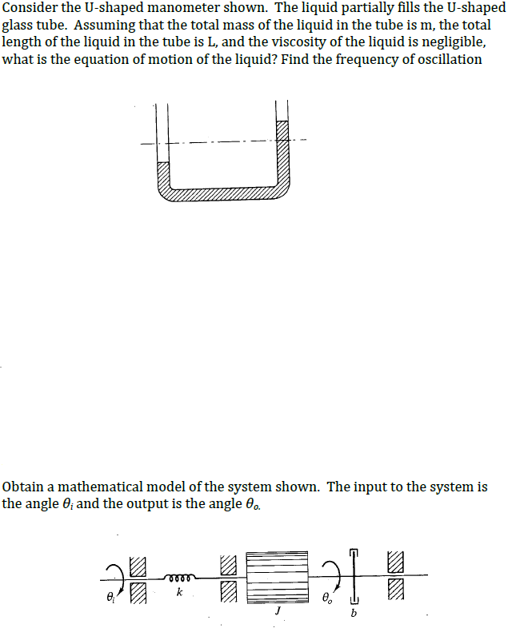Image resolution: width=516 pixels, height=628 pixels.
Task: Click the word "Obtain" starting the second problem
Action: pyautogui.click(x=24, y=487)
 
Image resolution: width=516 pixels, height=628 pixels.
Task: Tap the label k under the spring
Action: pyautogui.click(x=179, y=593)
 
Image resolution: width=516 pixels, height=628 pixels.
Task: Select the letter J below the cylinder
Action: pyautogui.click(x=277, y=610)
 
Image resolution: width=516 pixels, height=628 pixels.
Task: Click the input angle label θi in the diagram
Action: pyautogui.click(x=109, y=595)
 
